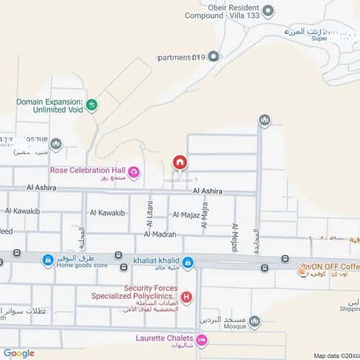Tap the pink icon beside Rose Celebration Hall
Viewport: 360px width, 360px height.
click(x=133, y=171)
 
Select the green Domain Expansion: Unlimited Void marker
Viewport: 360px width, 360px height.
click(x=91, y=105)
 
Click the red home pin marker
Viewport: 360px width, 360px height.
click(x=180, y=162)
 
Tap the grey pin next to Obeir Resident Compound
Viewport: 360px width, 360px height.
click(x=269, y=11)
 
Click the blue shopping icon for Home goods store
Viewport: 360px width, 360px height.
click(x=48, y=260)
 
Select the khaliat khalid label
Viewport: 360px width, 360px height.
click(x=156, y=261)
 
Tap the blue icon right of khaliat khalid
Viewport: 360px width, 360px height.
click(x=188, y=261)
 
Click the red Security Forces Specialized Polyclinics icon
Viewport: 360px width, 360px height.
click(x=186, y=297)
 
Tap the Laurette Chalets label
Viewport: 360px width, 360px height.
click(x=164, y=338)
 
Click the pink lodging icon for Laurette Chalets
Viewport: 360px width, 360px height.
click(x=202, y=339)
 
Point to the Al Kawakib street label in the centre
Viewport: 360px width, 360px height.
click(x=107, y=213)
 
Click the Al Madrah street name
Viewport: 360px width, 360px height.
click(x=160, y=235)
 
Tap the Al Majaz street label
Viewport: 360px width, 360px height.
click(x=185, y=215)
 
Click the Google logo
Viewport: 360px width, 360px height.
click(x=19, y=353)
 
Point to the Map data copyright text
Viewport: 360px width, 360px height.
click(x=336, y=355)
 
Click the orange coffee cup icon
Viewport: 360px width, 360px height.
click(x=302, y=272)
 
